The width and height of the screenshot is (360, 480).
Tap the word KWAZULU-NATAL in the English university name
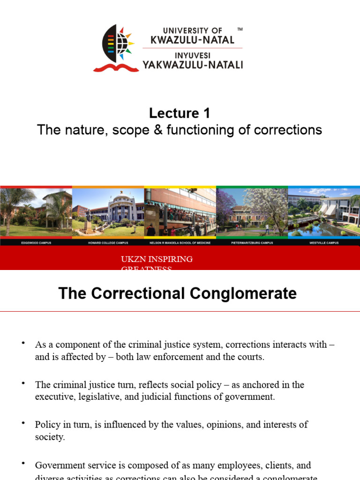pos(192,40)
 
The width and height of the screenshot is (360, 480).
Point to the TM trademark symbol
pos(240,30)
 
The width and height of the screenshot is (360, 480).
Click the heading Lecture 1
pos(180,113)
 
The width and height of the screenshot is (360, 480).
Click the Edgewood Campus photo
pos(36,212)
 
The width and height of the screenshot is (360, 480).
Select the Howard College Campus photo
pos(108,212)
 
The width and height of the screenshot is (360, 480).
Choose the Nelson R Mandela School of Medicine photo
pos(180,212)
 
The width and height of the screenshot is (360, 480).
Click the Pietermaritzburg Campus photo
pos(252,212)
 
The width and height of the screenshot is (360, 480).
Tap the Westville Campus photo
pos(324,212)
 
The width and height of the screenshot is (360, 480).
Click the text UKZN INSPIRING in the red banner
pos(157,259)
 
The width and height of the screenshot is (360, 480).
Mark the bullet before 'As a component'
pos(23,343)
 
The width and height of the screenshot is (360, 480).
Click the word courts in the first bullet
pos(251,357)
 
